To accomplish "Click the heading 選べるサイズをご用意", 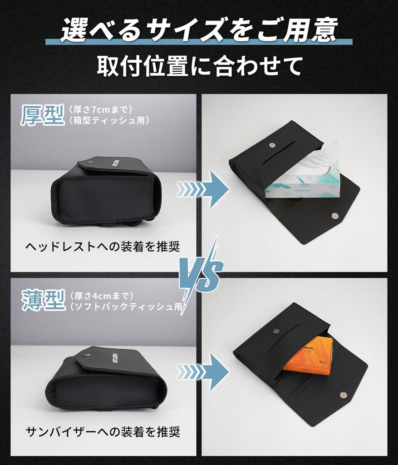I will click(x=199, y=31).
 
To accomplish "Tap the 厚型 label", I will click(x=42, y=115).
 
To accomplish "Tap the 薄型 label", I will click(x=42, y=300).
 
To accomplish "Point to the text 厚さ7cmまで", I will click(x=101, y=109).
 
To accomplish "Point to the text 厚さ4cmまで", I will click(x=101, y=296).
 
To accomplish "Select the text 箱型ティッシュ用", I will click(x=109, y=120).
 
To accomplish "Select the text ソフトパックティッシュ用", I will click(x=127, y=307).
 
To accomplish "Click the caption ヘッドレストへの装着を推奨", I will click(x=103, y=247).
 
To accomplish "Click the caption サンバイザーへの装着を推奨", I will click(x=103, y=431).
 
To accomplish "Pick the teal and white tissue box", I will click(x=302, y=186).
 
